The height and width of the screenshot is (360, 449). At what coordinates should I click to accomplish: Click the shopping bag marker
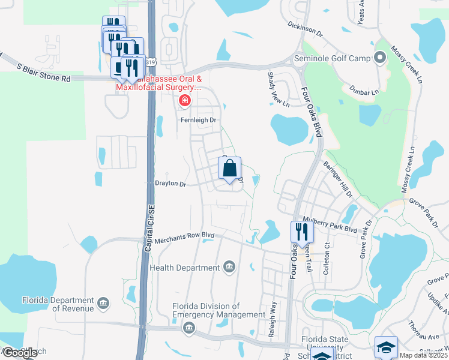tap(230, 169)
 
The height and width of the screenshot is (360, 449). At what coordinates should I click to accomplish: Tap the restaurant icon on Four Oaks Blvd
tap(301, 232)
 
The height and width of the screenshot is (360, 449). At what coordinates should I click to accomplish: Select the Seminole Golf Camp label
tap(332, 59)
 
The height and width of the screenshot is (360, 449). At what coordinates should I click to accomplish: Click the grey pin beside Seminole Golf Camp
tap(379, 58)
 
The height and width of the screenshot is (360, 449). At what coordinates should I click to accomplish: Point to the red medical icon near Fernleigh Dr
tap(184, 100)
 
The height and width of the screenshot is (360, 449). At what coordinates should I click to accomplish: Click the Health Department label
tap(185, 267)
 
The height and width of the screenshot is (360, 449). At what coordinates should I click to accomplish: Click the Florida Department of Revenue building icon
tap(104, 303)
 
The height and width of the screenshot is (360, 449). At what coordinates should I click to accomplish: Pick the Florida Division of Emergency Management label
tap(218, 310)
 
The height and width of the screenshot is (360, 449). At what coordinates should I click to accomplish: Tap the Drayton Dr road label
tap(171, 184)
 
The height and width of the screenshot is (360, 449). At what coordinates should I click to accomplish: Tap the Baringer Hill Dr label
tap(338, 178)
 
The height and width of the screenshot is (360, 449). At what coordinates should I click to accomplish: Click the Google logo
tap(19, 353)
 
